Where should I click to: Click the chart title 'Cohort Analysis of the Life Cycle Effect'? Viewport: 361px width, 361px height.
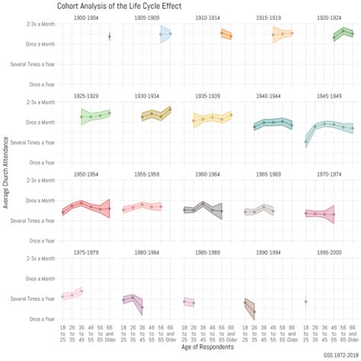pos(119,5)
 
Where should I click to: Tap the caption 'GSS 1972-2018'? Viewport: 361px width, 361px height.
pos(340,356)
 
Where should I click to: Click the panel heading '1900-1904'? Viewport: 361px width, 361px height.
pos(86,17)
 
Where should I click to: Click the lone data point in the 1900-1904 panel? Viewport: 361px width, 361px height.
pos(110,37)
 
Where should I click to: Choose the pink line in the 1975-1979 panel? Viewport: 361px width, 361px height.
pos(72,294)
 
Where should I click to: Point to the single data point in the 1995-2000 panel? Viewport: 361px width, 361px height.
pos(305,302)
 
